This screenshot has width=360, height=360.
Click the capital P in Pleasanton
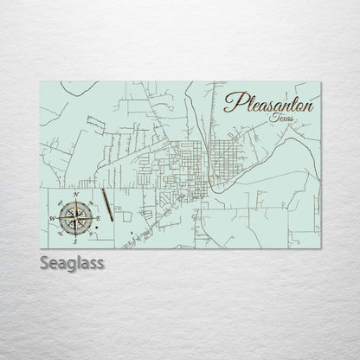click(x=231, y=102)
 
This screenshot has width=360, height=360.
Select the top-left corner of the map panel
click(x=41, y=82)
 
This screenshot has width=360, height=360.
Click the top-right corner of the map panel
click(x=320, y=82)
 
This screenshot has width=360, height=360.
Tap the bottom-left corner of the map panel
click(x=41, y=248)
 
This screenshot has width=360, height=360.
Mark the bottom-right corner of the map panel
click(x=320, y=248)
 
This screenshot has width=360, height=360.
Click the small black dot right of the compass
click(x=131, y=234)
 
